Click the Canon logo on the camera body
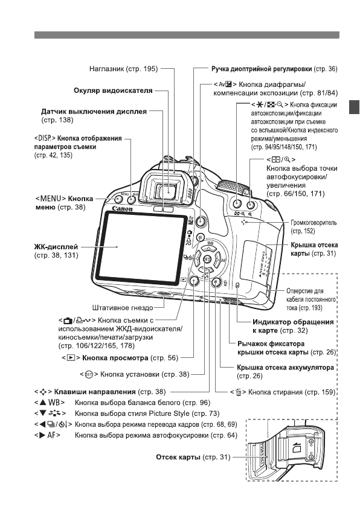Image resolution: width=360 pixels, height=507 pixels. [122, 209]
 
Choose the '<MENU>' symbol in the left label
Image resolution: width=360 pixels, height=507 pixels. [50, 198]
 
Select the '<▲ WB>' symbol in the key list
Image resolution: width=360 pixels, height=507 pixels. [48, 401]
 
